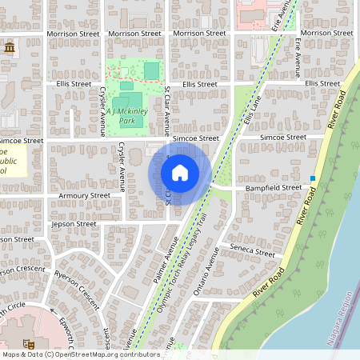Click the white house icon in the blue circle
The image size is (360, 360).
180,173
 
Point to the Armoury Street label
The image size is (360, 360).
84,195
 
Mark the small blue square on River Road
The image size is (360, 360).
313,178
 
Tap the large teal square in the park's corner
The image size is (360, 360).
151,71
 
